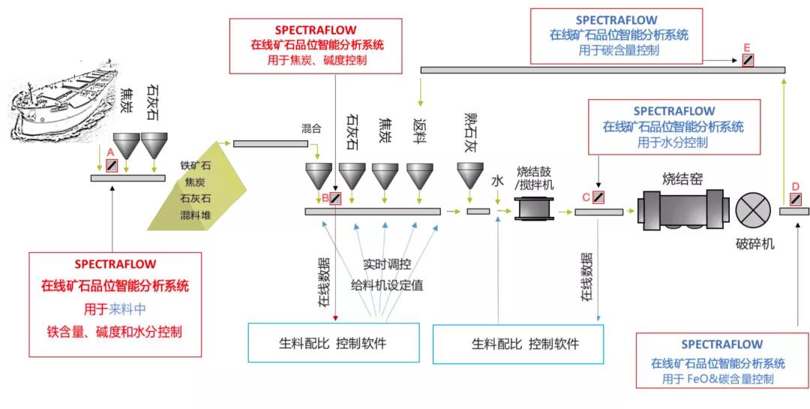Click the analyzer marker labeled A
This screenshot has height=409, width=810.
[112, 163]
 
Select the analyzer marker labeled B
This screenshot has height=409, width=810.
[334, 198]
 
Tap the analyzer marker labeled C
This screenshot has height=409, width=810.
[598, 198]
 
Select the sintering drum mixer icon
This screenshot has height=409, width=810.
[534, 208]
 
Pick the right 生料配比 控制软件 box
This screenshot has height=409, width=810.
[526, 344]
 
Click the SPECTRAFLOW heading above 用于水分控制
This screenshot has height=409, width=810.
[674, 111]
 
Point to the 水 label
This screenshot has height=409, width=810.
[496, 182]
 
